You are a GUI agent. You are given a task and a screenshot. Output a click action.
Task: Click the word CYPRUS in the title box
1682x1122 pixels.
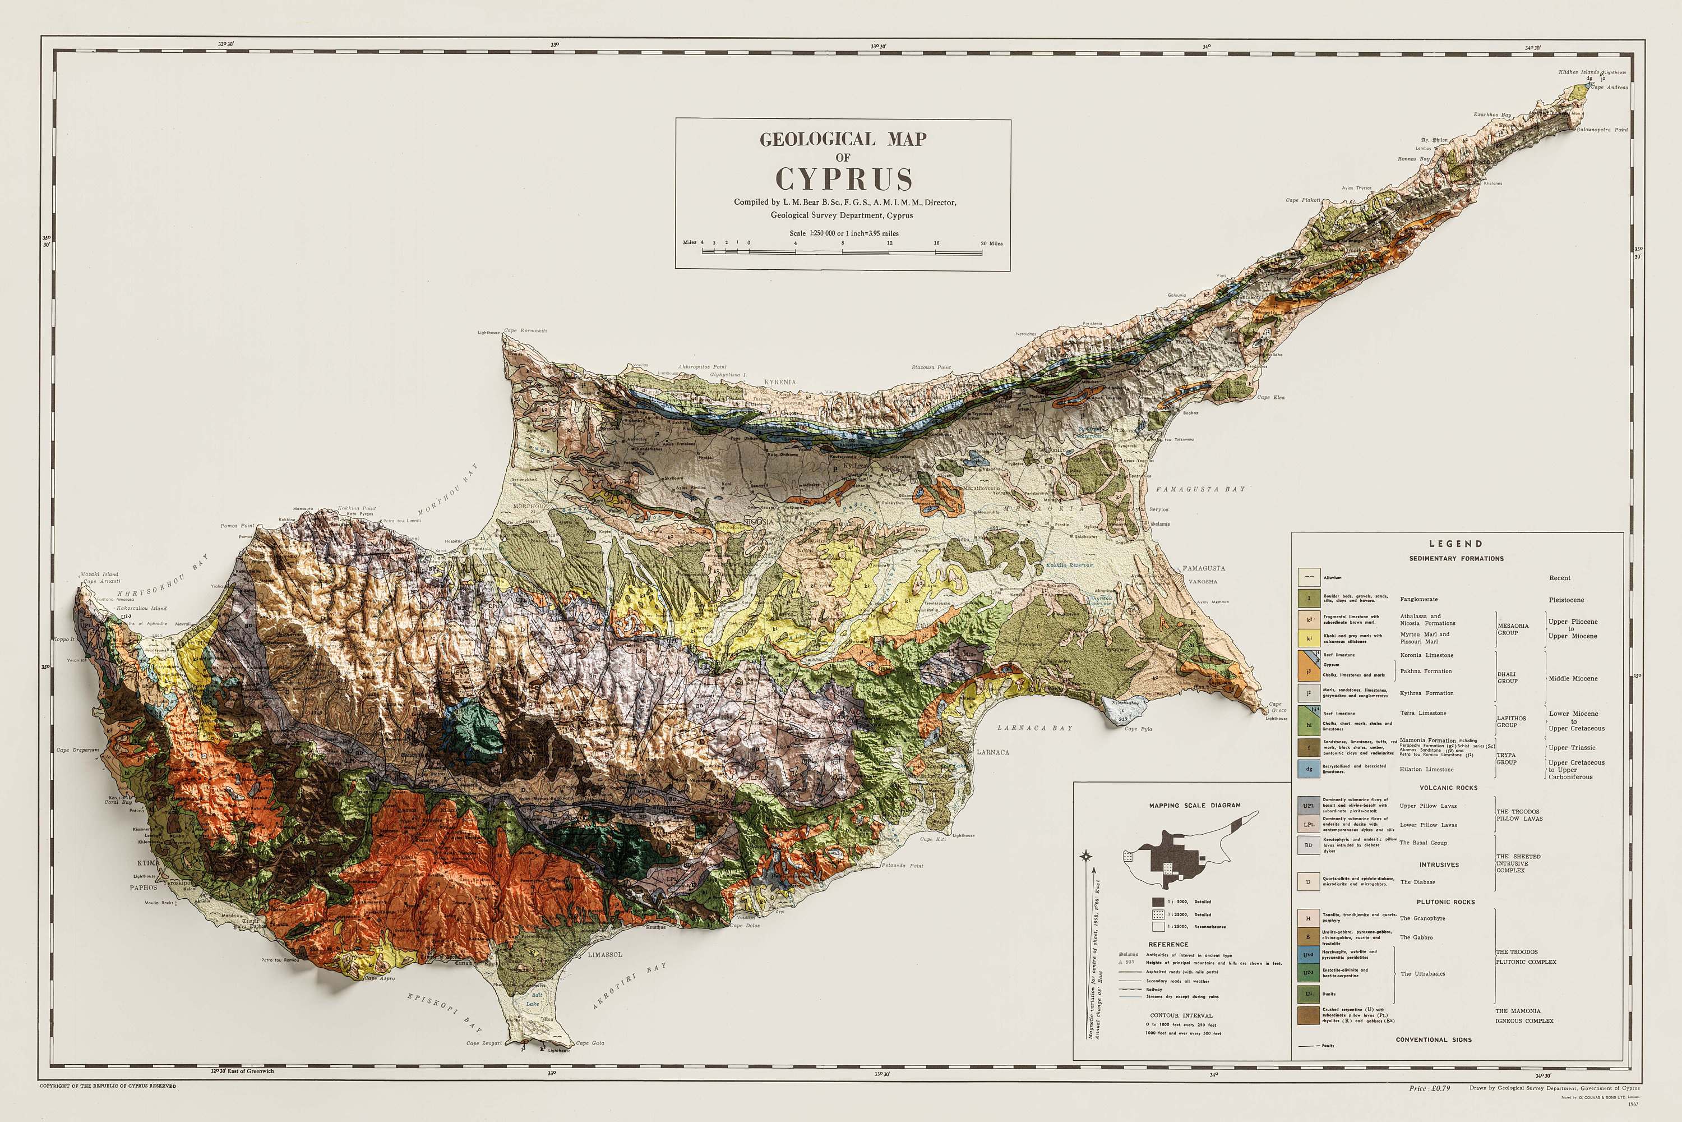[843, 179]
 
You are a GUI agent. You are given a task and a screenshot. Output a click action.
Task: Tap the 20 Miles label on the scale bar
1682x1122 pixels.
[991, 243]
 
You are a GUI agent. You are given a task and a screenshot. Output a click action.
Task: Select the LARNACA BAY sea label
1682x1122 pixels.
[1035, 728]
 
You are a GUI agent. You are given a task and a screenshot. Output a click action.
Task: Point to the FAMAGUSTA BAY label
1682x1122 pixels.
[1200, 489]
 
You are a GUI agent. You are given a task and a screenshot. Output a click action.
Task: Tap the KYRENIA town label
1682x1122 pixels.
[779, 382]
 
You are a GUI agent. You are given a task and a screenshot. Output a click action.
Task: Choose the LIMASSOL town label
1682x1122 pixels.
[605, 955]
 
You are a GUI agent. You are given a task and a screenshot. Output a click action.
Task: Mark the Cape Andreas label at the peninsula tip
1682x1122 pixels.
[1609, 88]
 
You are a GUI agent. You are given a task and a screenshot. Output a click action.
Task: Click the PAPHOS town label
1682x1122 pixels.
[143, 888]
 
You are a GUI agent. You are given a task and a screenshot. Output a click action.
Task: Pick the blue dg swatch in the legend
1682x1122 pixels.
[1309, 769]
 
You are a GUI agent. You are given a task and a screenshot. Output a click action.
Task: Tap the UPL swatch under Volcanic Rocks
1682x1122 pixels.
[1309, 806]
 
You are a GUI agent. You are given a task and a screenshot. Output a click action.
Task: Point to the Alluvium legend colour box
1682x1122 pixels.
[1309, 577]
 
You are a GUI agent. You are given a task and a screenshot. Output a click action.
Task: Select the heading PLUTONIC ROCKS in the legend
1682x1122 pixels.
[1445, 902]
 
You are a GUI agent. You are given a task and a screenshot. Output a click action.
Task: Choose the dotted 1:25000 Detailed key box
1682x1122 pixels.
[1158, 914]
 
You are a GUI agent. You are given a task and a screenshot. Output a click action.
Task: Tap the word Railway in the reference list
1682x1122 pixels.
[1154, 990]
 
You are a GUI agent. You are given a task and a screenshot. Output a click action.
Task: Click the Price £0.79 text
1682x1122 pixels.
[1430, 1088]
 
